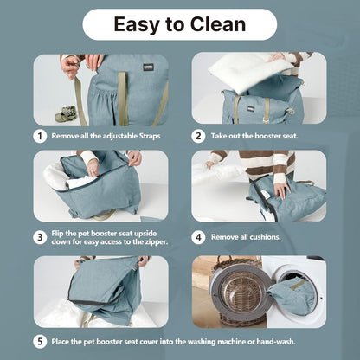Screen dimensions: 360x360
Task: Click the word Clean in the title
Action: click(218, 24)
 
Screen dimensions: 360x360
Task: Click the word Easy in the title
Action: click(137, 25)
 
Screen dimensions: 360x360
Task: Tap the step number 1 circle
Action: click(40, 136)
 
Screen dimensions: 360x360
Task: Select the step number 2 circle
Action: click(198, 136)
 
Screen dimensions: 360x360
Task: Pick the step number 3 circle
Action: click(40, 238)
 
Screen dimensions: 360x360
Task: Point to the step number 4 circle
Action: click(198, 238)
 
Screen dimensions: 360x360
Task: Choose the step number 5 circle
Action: click(40, 342)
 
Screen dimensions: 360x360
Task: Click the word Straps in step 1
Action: click(150, 136)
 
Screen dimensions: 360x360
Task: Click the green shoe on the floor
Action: click(66, 114)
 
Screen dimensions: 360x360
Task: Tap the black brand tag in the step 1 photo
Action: click(148, 67)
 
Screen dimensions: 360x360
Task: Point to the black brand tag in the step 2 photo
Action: click(250, 109)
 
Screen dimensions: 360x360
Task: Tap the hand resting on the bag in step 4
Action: click(281, 190)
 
